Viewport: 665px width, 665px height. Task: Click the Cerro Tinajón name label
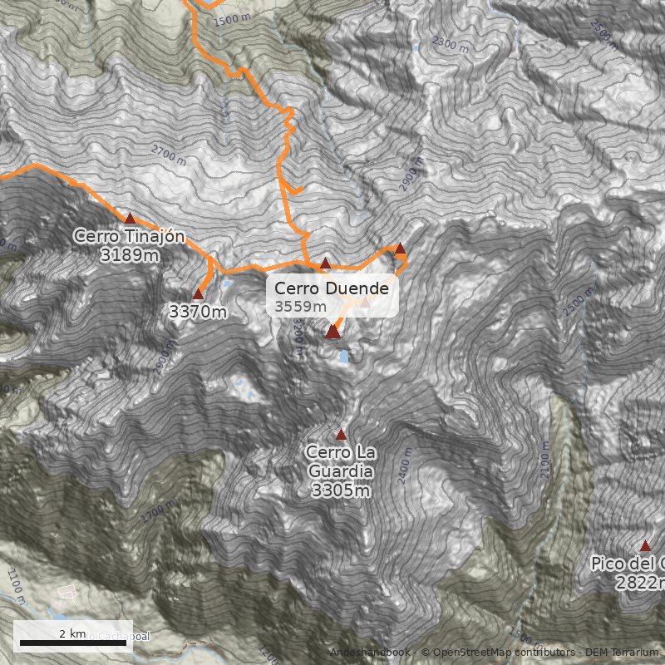click(x=129, y=236)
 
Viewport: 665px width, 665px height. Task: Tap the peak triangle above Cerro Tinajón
click(x=130, y=218)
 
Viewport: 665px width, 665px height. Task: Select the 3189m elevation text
click(x=129, y=254)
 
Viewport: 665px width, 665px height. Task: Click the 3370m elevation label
click(x=197, y=313)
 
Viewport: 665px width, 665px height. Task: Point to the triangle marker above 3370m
click(x=198, y=293)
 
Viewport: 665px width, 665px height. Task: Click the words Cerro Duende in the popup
click(x=331, y=288)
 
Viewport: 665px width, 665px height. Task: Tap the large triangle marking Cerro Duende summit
click(x=332, y=332)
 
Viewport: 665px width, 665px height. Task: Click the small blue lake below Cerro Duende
click(x=343, y=357)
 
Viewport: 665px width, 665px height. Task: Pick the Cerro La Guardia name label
click(x=341, y=462)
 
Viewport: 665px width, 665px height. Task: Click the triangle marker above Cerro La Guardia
click(x=340, y=434)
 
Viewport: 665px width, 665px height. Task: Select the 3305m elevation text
click(x=341, y=490)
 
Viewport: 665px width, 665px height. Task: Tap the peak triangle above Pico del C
click(x=645, y=545)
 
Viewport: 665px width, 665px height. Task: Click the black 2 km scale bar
click(x=72, y=643)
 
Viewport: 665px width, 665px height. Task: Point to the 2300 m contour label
click(x=451, y=45)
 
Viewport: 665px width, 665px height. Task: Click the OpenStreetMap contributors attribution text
click(x=498, y=653)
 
